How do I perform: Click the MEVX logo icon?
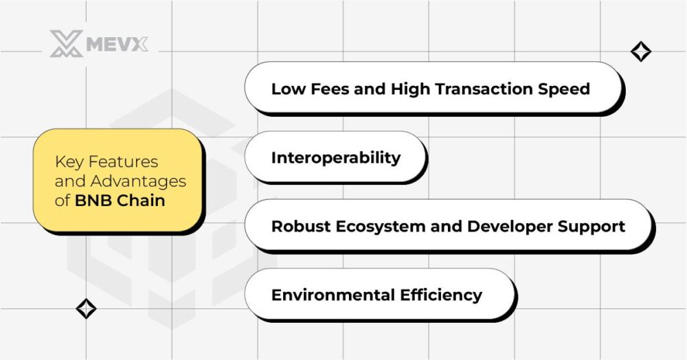[x=66, y=43]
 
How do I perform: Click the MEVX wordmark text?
[x=117, y=44]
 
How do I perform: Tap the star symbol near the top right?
[x=641, y=52]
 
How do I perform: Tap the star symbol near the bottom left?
[x=86, y=308]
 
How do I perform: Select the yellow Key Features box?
[x=118, y=181]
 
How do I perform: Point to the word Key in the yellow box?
[x=67, y=162]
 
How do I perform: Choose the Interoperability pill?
[x=335, y=157]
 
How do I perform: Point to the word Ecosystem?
[x=372, y=226]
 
